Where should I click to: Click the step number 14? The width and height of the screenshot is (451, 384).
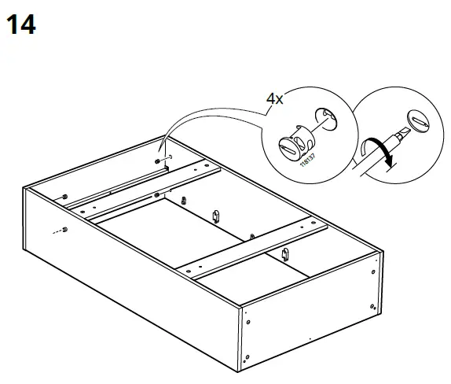tap(20, 25)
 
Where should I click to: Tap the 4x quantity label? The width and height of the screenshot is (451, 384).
tap(274, 99)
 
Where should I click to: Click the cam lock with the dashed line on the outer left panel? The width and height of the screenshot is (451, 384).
tap(64, 230)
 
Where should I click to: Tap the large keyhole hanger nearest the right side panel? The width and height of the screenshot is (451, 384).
tap(286, 253)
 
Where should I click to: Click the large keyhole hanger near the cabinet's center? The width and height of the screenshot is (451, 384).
tap(214, 214)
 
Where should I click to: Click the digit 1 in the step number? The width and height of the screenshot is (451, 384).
tap(13, 25)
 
